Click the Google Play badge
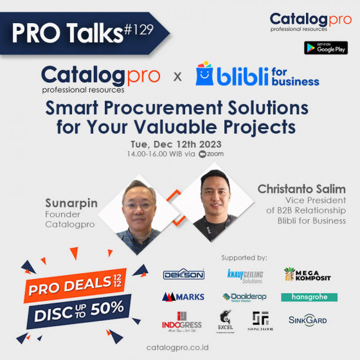[326, 48]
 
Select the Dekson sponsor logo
[183, 274]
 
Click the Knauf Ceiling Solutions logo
[245, 275]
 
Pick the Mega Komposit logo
[308, 274]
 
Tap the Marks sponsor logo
[183, 296]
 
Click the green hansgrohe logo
[309, 296]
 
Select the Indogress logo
[183, 320]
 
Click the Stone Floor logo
[260, 320]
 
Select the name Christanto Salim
[301, 189]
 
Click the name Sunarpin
[71, 203]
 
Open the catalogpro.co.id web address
[179, 347]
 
